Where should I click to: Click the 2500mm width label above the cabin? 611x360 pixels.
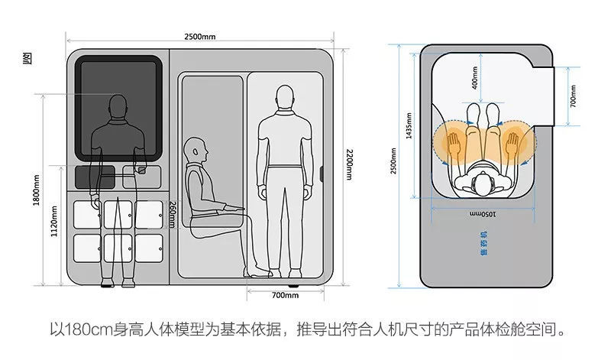pyautogui.click(x=199, y=37)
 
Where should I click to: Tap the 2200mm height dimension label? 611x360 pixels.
pyautogui.click(x=348, y=164)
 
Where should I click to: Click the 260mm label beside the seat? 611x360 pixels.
pyautogui.click(x=173, y=214)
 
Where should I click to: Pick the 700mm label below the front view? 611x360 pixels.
pyautogui.click(x=285, y=294)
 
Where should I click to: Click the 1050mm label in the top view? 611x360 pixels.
pyautogui.click(x=483, y=213)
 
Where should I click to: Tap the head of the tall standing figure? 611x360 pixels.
pyautogui.click(x=285, y=97)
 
